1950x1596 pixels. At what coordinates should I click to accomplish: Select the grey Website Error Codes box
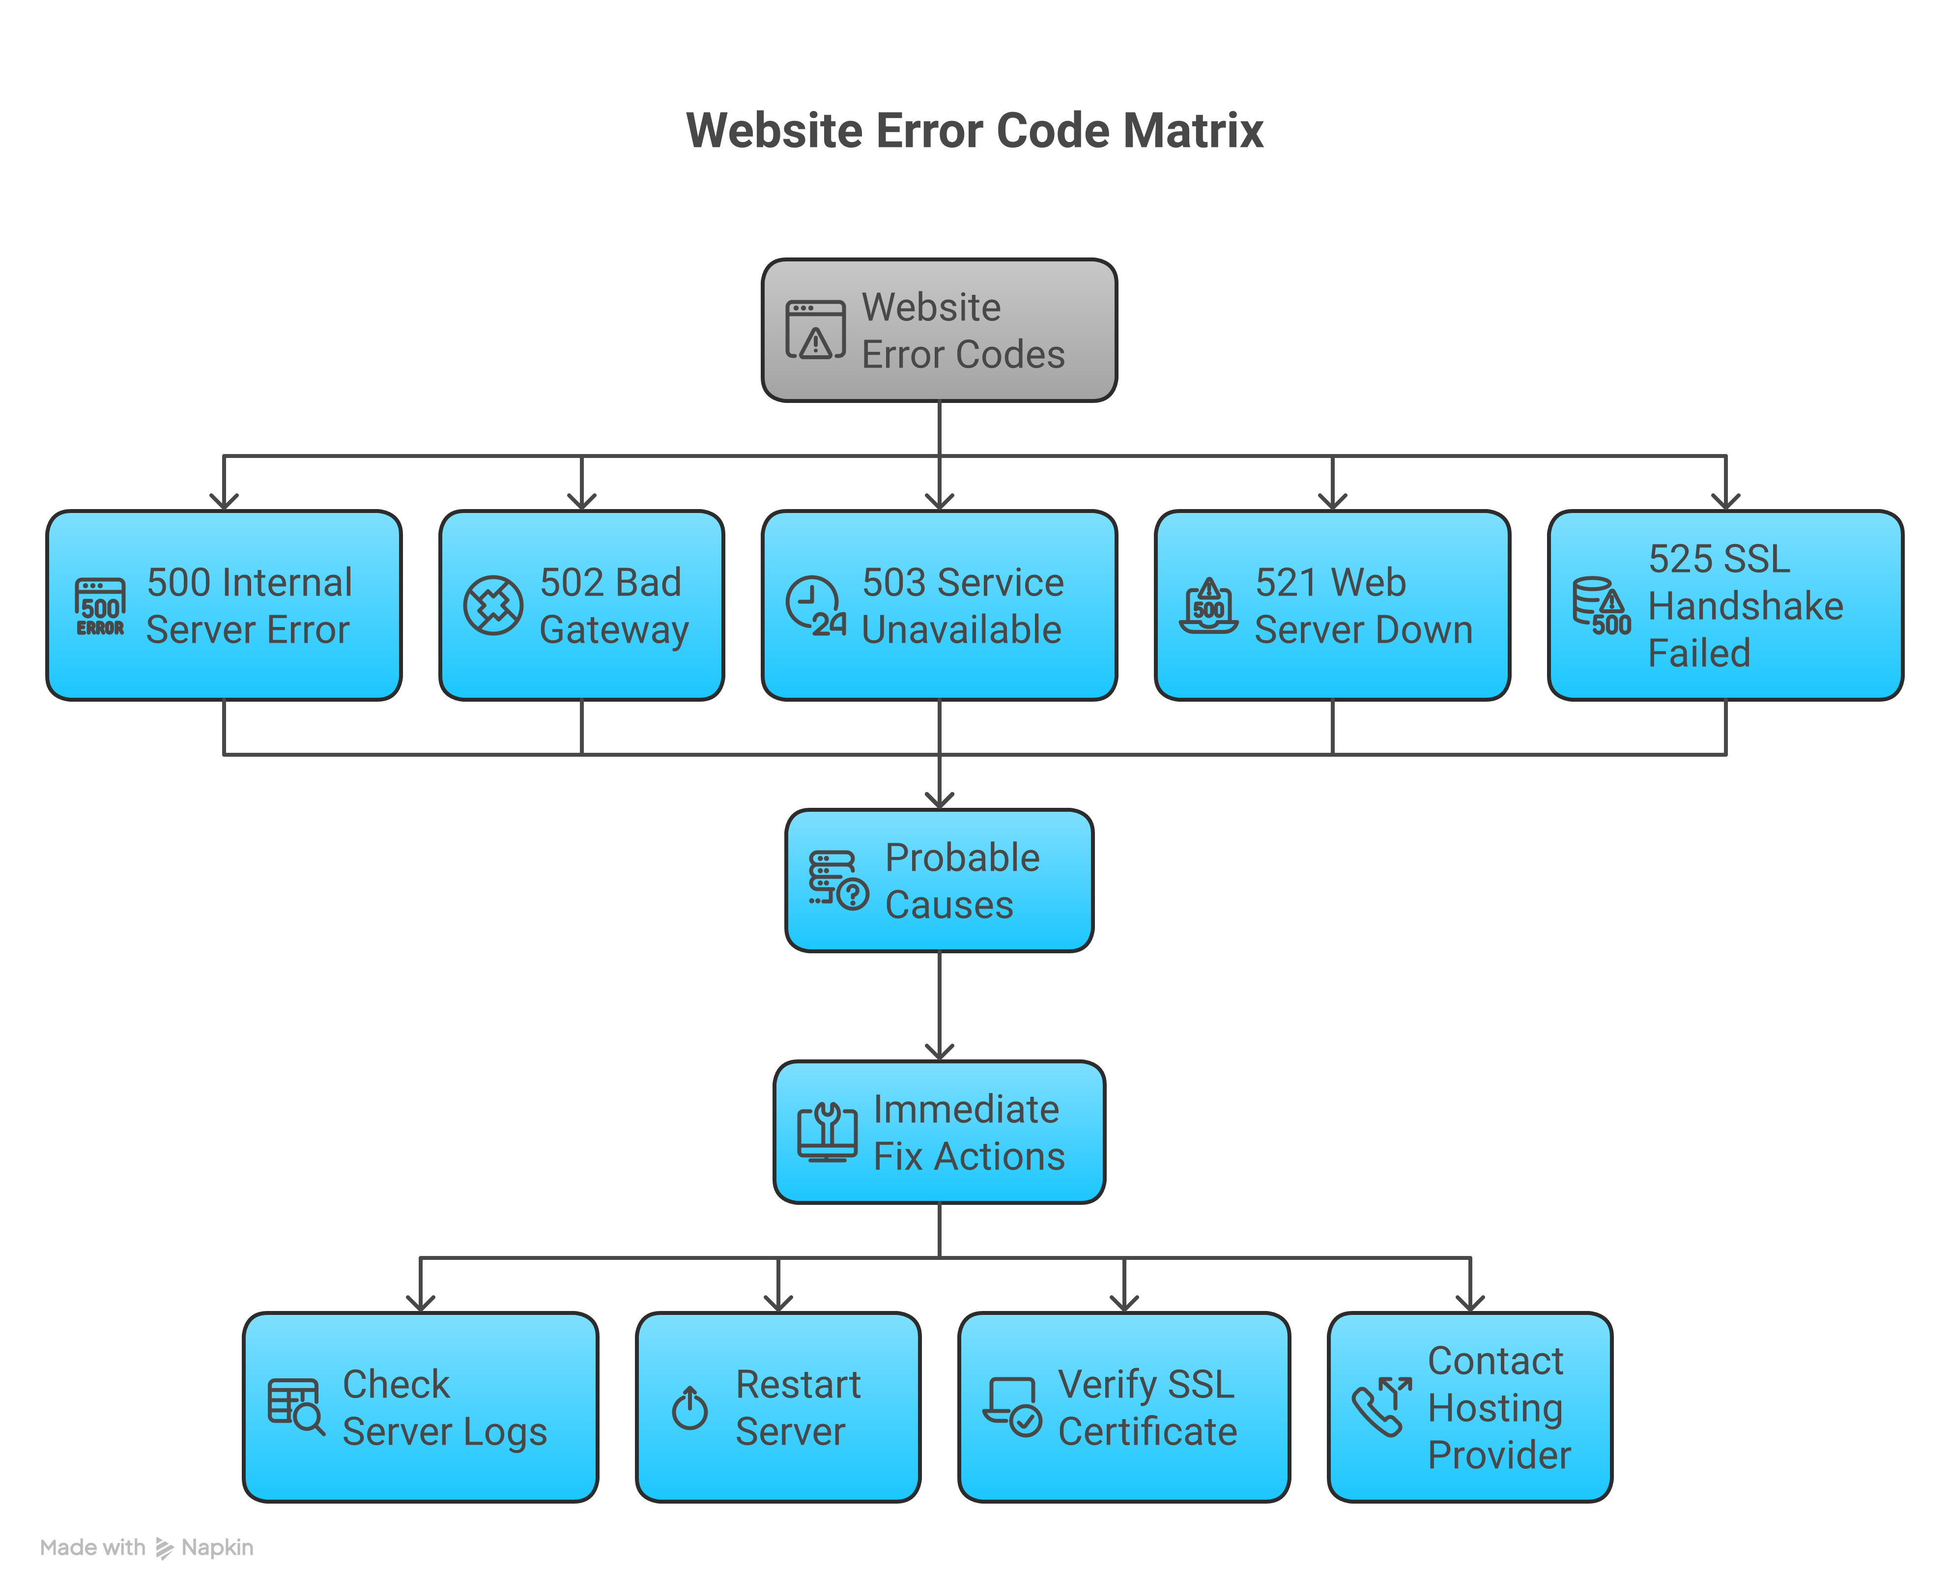pos(939,330)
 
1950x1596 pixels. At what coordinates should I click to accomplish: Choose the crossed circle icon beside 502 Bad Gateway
pos(493,605)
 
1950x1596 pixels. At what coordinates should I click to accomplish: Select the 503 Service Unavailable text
pos(962,606)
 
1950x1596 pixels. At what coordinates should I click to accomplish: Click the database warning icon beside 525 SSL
pos(1600,606)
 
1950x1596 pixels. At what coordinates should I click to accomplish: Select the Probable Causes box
pos(939,880)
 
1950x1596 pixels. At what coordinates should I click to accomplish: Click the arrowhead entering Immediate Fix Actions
pos(939,1051)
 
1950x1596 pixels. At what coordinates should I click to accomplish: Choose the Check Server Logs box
pos(420,1407)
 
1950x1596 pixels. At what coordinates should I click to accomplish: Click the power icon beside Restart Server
pos(689,1407)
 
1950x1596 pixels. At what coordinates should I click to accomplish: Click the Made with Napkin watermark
pos(147,1547)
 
